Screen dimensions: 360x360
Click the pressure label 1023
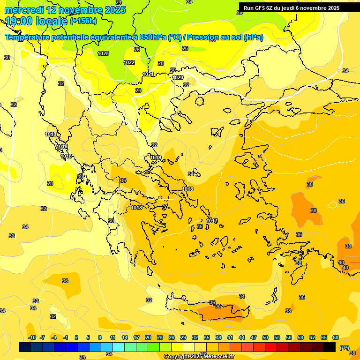pyautogui.click(x=103, y=53)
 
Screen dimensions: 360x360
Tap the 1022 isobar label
pyautogui.click(x=129, y=62)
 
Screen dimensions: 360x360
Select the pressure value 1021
pyautogui.click(x=148, y=74)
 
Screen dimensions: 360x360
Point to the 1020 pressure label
pyautogui.click(x=178, y=77)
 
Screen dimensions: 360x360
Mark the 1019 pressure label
pyautogui.click(x=156, y=157)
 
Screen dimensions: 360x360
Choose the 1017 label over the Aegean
pyautogui.click(x=212, y=221)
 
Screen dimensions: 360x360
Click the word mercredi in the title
pyautogui.click(x=23, y=10)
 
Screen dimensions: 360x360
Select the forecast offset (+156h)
pyautogui.click(x=83, y=21)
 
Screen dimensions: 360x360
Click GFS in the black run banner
pyautogui.click(x=260, y=8)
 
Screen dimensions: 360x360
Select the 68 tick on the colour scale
pyautogui.click(x=335, y=337)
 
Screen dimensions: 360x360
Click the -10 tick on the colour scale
pyautogui.click(x=32, y=337)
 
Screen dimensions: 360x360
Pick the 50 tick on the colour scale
pyautogui.click(x=265, y=337)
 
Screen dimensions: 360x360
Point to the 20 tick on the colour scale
pyautogui.click(x=148, y=337)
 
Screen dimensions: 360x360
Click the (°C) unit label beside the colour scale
pyautogui.click(x=344, y=348)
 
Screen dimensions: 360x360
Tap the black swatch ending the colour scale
pyautogui.click(x=330, y=347)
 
